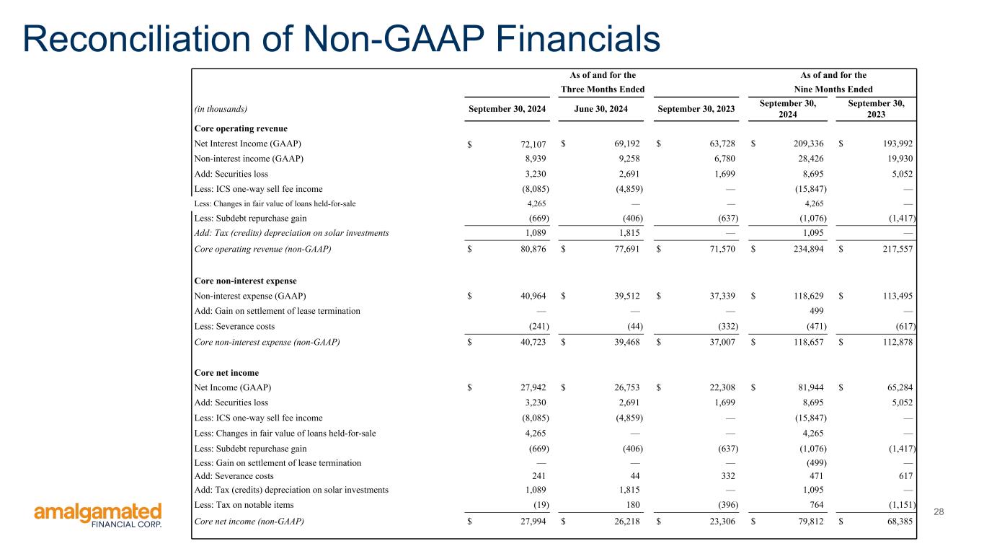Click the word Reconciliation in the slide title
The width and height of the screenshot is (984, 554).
136,39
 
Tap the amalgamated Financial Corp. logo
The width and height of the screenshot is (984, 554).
97,515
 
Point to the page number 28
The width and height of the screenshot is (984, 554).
939,511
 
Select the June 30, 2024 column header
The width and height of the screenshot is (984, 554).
600,109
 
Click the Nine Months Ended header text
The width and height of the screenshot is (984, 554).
833,89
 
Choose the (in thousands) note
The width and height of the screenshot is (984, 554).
221,109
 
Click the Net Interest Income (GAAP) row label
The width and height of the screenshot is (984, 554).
248,144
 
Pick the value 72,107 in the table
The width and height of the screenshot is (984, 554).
533,144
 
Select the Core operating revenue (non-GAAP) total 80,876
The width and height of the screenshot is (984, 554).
533,249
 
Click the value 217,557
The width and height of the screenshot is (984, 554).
898,249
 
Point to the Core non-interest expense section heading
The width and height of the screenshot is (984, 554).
246,281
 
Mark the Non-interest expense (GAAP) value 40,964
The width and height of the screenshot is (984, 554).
533,296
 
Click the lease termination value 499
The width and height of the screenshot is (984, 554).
816,311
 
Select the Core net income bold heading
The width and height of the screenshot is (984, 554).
226,372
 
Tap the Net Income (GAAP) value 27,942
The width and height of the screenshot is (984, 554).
533,387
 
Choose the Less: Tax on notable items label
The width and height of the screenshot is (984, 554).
244,505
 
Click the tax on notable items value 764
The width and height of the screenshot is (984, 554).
816,505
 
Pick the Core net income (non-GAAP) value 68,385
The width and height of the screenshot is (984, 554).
900,522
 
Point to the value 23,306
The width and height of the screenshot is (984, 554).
722,522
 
